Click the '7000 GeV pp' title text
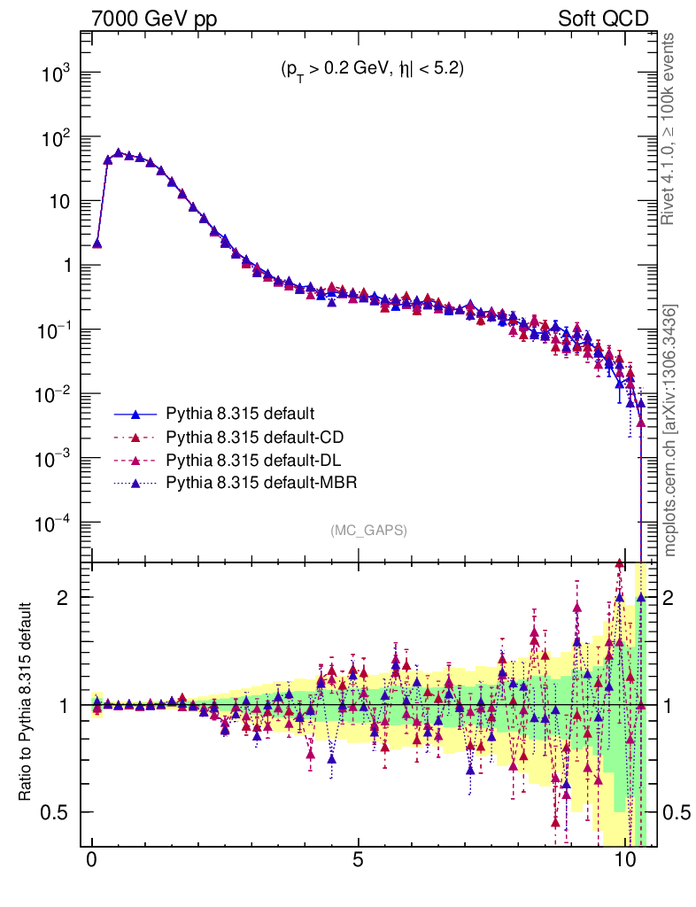pyautogui.click(x=154, y=19)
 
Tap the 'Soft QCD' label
pyautogui.click(x=603, y=19)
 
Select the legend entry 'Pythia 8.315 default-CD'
pyautogui.click(x=255, y=438)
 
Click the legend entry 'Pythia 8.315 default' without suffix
pyautogui.click(x=240, y=414)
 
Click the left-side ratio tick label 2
pyautogui.click(x=63, y=598)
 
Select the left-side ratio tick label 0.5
pyautogui.click(x=55, y=813)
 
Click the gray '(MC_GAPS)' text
pyautogui.click(x=369, y=530)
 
